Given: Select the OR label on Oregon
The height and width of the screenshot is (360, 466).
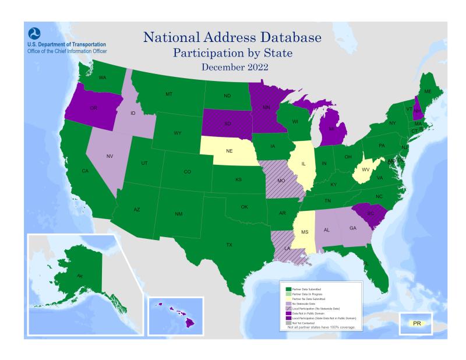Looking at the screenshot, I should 93,108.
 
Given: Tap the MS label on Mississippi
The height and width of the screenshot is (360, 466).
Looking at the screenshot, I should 305,232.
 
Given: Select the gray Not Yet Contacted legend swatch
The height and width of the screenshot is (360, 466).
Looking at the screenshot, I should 288,322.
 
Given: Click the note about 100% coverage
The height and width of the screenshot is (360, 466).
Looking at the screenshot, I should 322,327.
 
